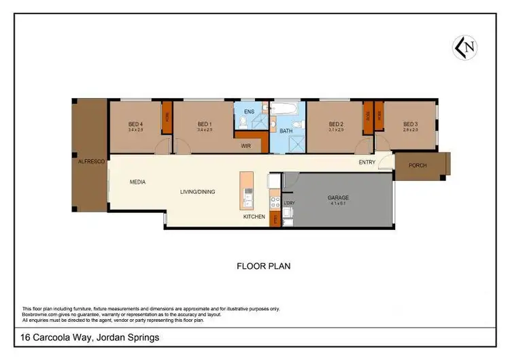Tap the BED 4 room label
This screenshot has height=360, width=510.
tap(135, 124)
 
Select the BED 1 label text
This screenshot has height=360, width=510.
tap(205, 124)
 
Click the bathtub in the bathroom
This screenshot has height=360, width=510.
tap(282, 108)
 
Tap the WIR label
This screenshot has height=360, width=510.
tap(247, 145)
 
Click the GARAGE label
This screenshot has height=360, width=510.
tap(338, 197)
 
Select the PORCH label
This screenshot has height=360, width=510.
tap(418, 166)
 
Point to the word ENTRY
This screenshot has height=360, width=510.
tap(367, 162)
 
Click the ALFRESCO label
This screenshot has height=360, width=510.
tap(90, 162)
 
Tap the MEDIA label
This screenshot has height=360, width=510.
tap(138, 182)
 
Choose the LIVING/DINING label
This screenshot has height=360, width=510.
tap(197, 192)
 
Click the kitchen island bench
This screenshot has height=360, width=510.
tap(246, 190)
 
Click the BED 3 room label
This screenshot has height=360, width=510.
tap(409, 124)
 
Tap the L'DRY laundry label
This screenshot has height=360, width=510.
tap(289, 203)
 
